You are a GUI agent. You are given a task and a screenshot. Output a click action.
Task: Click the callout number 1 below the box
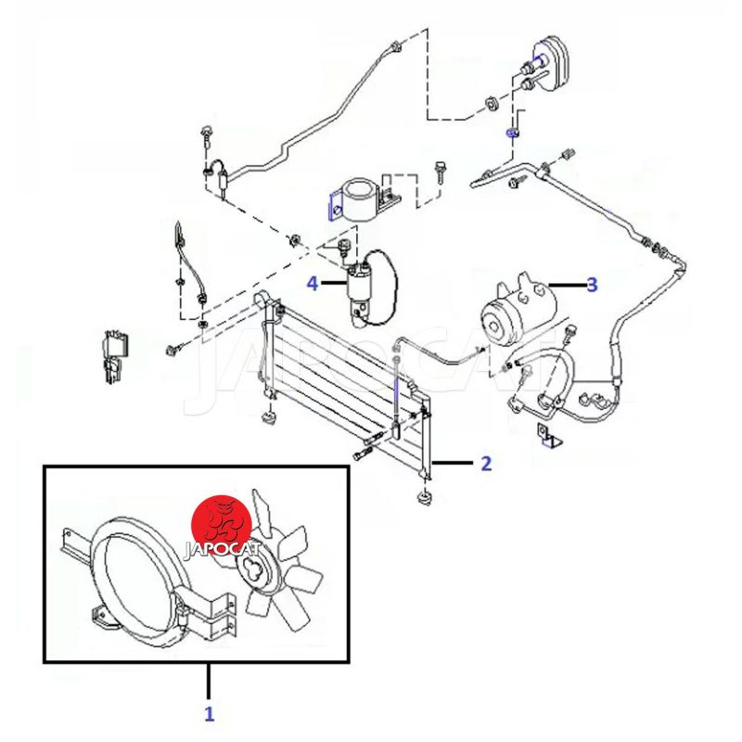click(x=209, y=713)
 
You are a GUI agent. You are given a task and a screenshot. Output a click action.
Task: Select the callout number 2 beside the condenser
click(x=485, y=463)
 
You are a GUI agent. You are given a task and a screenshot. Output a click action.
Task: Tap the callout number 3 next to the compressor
click(x=591, y=284)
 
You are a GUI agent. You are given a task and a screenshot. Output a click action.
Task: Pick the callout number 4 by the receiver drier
click(x=313, y=282)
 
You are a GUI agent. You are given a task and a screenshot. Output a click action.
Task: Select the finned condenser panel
click(x=343, y=380)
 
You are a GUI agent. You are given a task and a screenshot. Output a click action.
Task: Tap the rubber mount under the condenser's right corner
click(x=425, y=501)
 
